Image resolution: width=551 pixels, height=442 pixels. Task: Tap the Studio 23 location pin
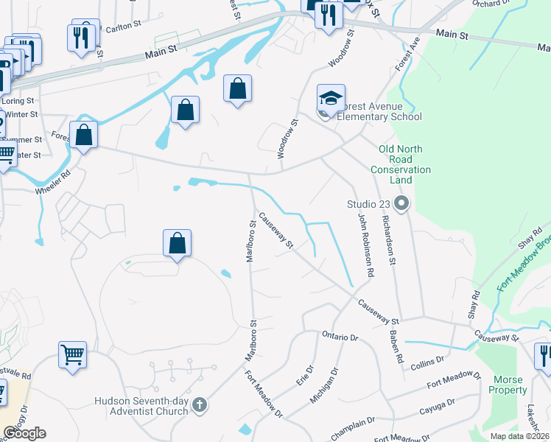[x=401, y=203]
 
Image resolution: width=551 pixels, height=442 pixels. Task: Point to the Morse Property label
[x=508, y=385]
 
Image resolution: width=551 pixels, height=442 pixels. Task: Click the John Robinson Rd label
[x=366, y=245]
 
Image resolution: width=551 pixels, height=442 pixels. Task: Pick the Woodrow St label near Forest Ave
[x=287, y=138]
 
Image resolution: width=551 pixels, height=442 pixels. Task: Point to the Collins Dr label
[x=427, y=361]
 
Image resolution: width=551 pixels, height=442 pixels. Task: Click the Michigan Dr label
[x=325, y=387]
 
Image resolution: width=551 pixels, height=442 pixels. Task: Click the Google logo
[x=24, y=432]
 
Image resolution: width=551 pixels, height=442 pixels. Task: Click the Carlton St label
[x=122, y=26]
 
